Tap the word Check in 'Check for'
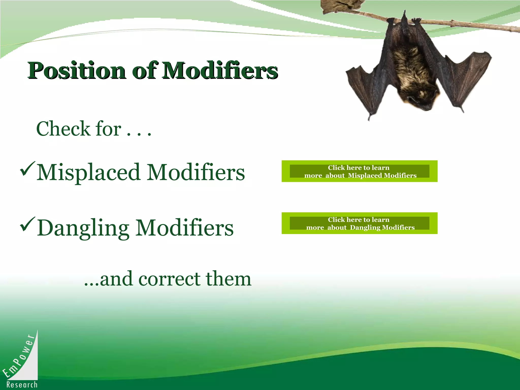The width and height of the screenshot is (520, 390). (63, 129)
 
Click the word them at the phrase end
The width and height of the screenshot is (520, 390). (228, 279)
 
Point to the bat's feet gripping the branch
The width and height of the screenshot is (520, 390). (404, 20)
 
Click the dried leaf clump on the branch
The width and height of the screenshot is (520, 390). (343, 6)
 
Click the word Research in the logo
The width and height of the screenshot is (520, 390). (22, 385)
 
